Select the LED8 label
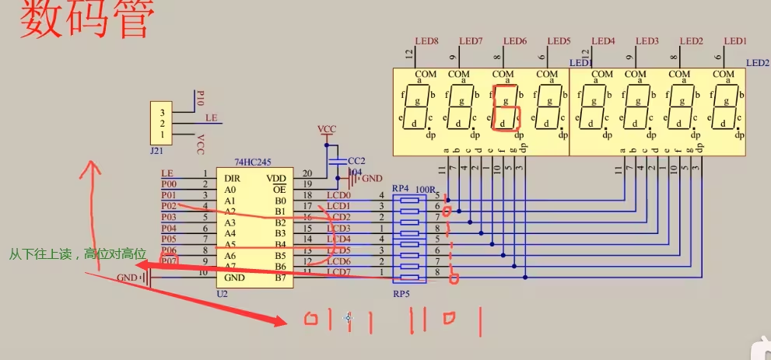point(427,40)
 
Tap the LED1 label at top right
point(735,40)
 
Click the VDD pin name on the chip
point(276,179)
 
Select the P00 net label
point(169,184)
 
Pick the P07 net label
point(169,261)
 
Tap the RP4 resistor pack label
point(400,188)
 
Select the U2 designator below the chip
point(223,295)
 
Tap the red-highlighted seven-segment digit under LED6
point(504,107)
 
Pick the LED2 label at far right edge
point(757,63)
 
